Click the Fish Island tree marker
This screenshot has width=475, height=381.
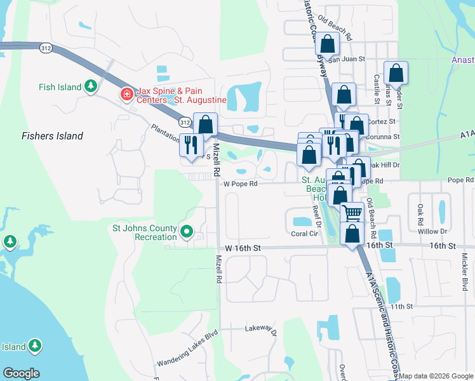coord(91,86)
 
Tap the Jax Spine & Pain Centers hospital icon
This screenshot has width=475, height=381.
coord(126,95)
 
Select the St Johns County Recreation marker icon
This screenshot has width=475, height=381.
coord(186,232)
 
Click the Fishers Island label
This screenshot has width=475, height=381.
coord(52,136)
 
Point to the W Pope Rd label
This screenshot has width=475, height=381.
coord(240,184)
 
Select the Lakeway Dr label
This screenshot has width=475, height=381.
coord(262,330)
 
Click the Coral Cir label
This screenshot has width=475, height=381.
coord(304,234)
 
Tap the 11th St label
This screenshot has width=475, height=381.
coord(401,307)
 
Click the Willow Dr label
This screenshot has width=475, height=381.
coord(439,232)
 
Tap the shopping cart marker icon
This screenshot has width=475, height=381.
coord(352,211)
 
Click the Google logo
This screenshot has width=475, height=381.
coord(21,373)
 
